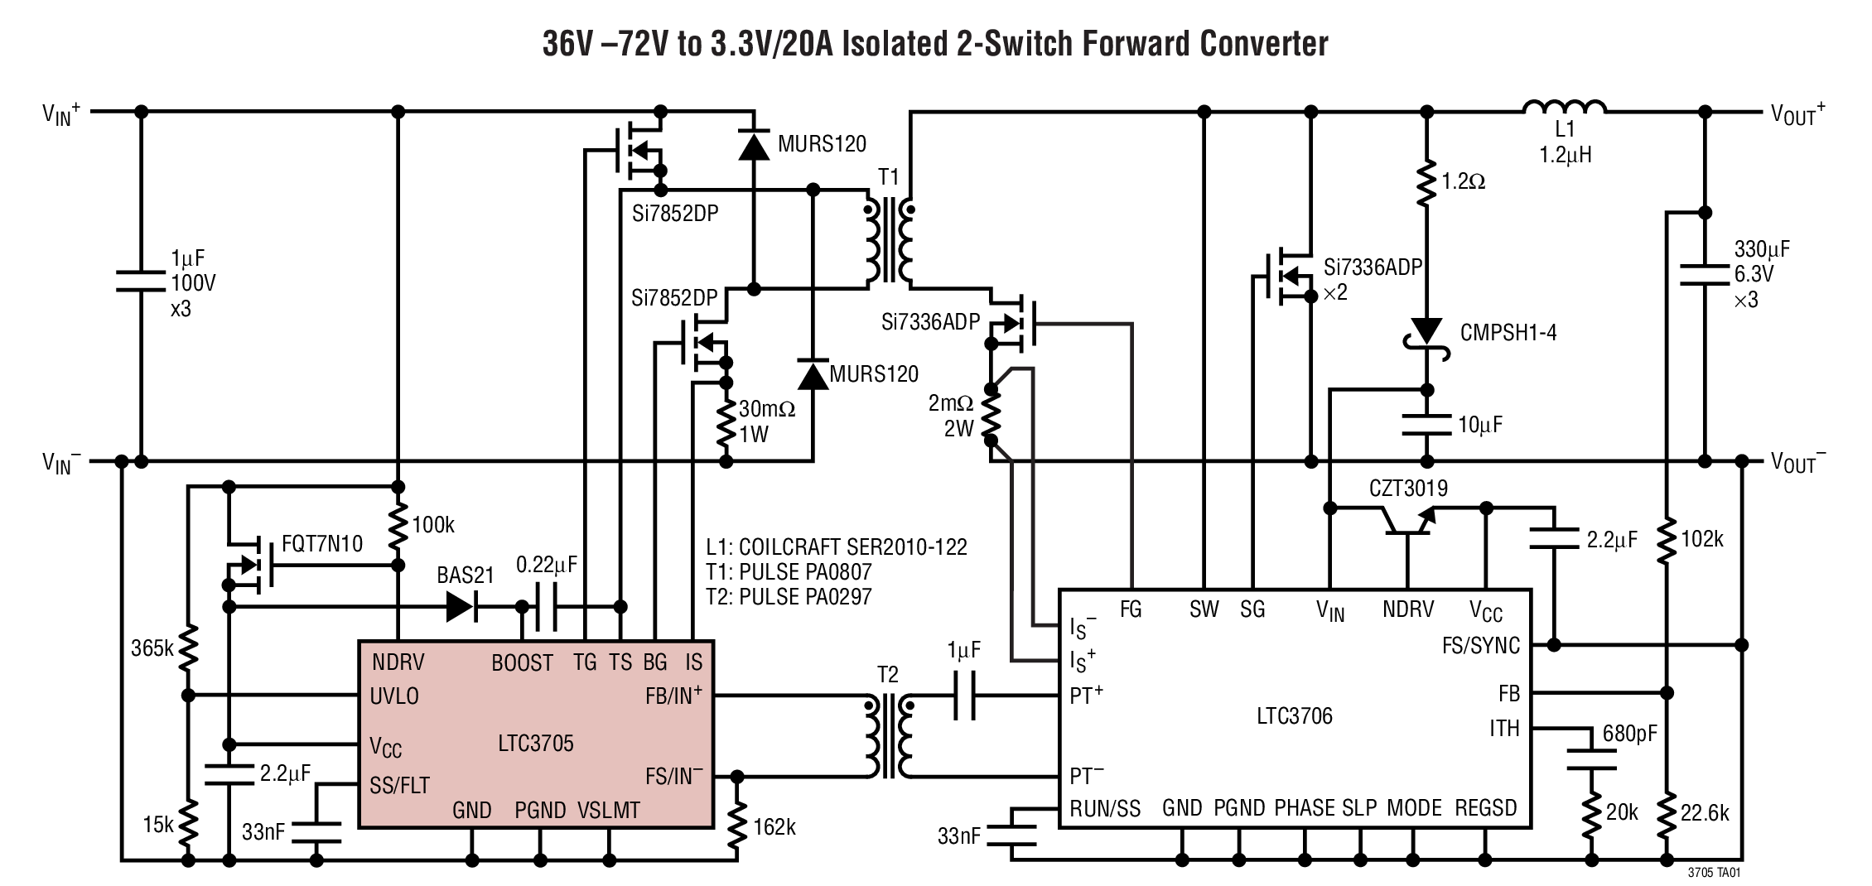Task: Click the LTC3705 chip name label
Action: click(x=536, y=744)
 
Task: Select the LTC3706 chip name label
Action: click(x=1294, y=716)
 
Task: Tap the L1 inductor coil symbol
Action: click(x=1565, y=108)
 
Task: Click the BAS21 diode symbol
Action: click(x=461, y=606)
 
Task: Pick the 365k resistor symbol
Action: click(x=189, y=648)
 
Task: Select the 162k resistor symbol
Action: click(x=736, y=826)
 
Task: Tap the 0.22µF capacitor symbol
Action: click(x=546, y=606)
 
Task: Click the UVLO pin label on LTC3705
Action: click(x=394, y=696)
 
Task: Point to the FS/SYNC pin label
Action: click(x=1480, y=646)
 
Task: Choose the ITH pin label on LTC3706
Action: click(x=1504, y=729)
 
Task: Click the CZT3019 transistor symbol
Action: click(x=1408, y=522)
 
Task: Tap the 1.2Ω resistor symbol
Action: click(x=1426, y=183)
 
